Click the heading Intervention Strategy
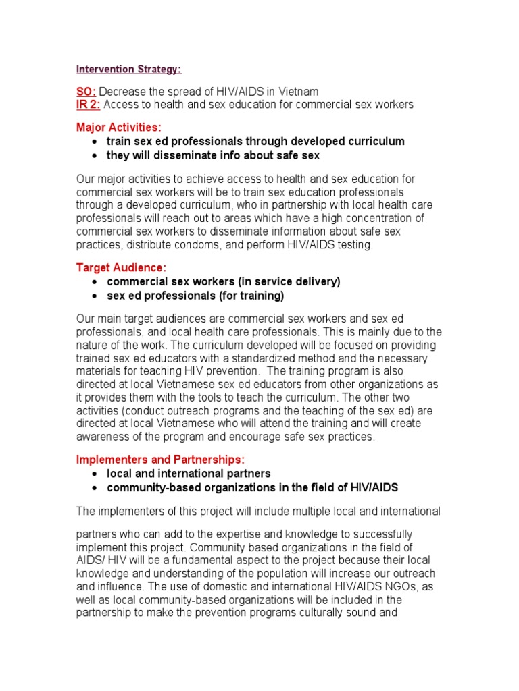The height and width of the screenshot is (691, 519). (x=128, y=69)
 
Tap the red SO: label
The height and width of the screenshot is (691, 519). (x=86, y=91)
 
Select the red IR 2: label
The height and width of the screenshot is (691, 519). (x=88, y=104)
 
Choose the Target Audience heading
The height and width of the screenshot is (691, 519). (x=121, y=268)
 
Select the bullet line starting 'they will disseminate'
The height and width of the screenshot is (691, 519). (x=213, y=155)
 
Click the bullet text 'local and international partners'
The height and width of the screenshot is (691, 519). (x=189, y=474)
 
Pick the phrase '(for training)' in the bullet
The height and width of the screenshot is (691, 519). (x=251, y=296)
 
